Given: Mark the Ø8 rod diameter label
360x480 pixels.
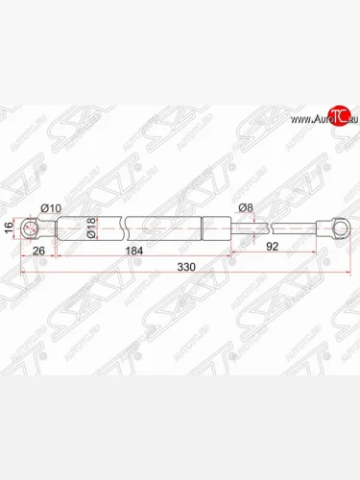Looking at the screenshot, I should coord(245,209).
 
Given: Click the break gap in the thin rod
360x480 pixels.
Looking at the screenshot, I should coord(270,228).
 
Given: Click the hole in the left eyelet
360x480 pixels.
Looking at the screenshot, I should coord(32,228).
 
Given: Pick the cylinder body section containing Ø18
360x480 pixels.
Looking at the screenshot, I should coord(91,228).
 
